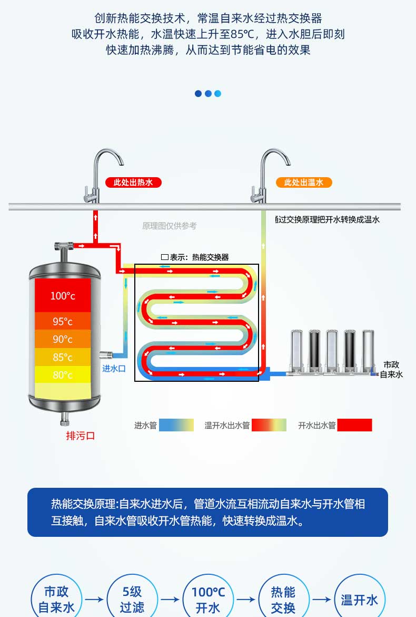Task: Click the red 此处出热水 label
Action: point(133,182)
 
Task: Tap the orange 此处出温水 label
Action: point(304,182)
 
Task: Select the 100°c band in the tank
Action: point(63,295)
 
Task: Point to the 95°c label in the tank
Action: point(63,322)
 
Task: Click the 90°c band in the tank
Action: point(63,339)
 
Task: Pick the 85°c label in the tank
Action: point(63,358)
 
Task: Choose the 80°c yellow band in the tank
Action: point(63,374)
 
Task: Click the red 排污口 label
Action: point(81,436)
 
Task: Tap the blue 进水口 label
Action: point(114,369)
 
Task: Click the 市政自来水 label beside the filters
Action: point(391,370)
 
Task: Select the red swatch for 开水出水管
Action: point(354,425)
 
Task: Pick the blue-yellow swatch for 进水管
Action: point(176,425)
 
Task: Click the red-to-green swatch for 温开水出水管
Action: point(269,425)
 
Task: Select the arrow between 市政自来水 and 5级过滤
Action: point(94,599)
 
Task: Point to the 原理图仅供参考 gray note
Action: point(170,226)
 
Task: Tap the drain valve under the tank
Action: point(65,419)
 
